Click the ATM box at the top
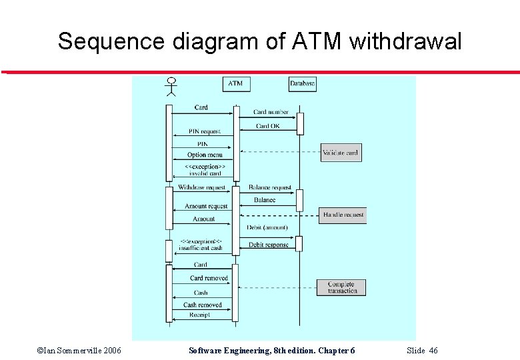point(235,84)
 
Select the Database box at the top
point(302,84)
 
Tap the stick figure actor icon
point(171,87)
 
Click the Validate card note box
point(340,153)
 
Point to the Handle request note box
point(343,215)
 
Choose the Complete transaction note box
point(343,287)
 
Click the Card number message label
point(271,112)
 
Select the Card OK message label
point(268,126)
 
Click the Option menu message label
point(205,155)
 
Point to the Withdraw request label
point(201,188)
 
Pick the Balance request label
point(270,188)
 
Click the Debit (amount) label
point(267,227)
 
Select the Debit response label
point(269,245)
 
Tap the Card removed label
point(209,278)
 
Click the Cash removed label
point(203,305)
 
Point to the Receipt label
point(199,315)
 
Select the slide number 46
point(433,351)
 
